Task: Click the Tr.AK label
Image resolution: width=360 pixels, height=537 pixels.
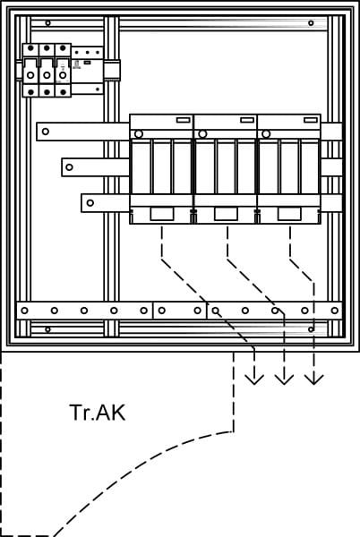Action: tap(98, 413)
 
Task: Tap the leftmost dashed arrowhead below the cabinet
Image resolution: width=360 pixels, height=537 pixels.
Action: tap(254, 379)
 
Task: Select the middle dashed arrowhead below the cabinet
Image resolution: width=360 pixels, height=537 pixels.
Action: tap(284, 379)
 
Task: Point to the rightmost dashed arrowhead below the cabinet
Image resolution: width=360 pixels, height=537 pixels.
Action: tap(314, 379)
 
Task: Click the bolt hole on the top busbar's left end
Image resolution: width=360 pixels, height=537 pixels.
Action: tap(45, 132)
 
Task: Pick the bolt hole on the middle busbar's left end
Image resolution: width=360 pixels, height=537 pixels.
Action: tap(69, 167)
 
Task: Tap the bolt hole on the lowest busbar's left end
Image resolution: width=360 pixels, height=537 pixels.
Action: tap(90, 203)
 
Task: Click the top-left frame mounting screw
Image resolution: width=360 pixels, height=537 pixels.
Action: tap(48, 23)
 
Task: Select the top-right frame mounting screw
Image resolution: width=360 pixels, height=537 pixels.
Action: tap(311, 23)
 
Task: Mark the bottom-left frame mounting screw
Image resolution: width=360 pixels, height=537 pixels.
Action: tap(48, 329)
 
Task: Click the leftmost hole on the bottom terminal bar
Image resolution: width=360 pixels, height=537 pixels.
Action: tap(24, 311)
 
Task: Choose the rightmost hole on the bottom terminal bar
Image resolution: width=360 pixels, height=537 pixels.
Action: tap(335, 311)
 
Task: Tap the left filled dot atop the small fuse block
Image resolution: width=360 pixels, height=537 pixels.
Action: tap(30, 48)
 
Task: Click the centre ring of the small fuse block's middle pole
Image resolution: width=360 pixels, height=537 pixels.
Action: tap(47, 75)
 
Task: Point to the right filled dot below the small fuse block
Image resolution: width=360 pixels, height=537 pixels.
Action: tap(63, 92)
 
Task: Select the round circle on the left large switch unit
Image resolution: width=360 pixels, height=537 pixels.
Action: tap(139, 134)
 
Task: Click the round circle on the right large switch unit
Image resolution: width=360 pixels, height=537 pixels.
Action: tap(266, 134)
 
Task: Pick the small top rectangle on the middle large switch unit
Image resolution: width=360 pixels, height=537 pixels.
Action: tap(247, 120)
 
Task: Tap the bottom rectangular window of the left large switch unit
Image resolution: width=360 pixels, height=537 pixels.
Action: tap(162, 214)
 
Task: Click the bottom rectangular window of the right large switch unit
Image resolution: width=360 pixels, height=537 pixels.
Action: tap(289, 214)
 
